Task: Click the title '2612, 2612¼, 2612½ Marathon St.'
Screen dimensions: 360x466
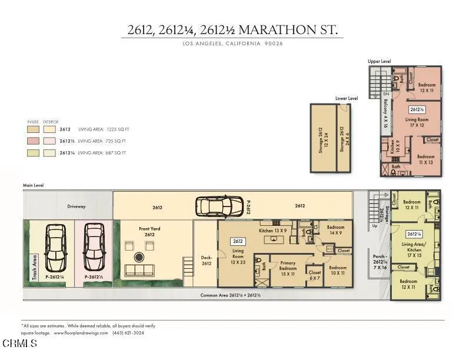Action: (x=232, y=29)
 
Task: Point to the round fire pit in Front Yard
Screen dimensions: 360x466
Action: (x=140, y=257)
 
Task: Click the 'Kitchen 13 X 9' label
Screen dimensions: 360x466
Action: (x=274, y=231)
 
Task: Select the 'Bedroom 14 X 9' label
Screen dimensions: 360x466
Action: (x=335, y=230)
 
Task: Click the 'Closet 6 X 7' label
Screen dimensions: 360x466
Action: (x=315, y=275)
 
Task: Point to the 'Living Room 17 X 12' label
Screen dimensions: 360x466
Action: (x=417, y=122)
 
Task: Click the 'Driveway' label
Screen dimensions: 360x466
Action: (x=76, y=206)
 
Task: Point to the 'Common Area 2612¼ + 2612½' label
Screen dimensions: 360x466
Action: (x=231, y=295)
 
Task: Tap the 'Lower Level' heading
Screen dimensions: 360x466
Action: (x=347, y=98)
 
